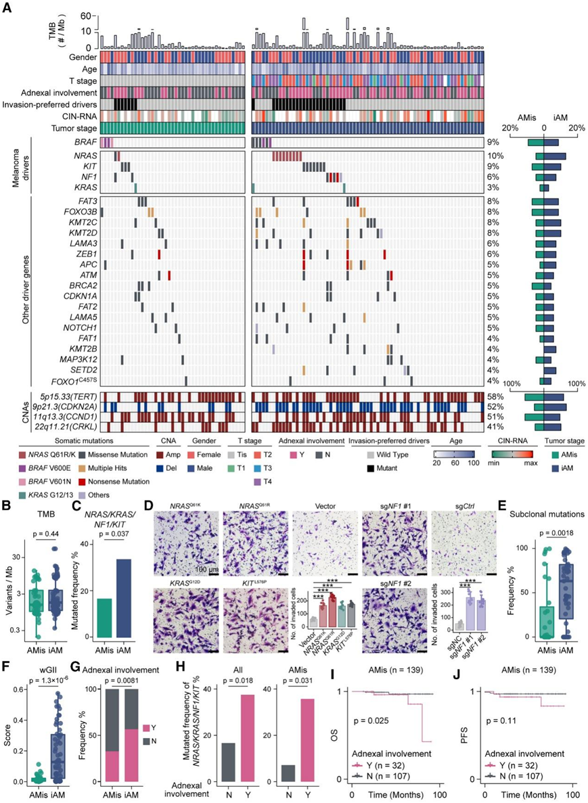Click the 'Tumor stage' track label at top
[x=75, y=128]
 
